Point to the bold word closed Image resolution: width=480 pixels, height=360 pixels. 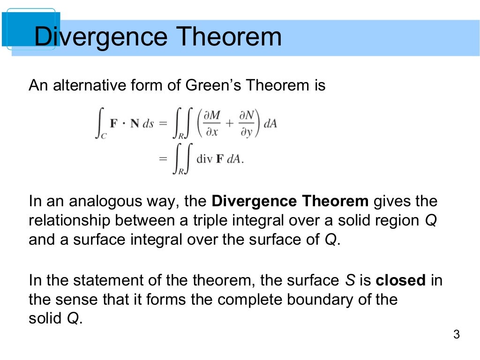coord(401,280)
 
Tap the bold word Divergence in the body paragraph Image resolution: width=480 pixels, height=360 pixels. coord(254,202)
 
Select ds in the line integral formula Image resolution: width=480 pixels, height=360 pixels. coord(148,124)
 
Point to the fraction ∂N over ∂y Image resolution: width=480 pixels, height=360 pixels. coord(246,124)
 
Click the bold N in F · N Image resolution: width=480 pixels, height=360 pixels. coord(134,124)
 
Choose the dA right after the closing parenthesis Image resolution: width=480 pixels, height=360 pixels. coord(270,124)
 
